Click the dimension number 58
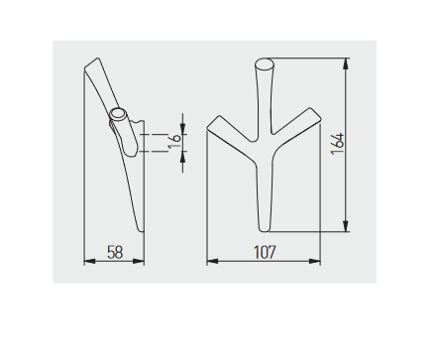click(115, 252)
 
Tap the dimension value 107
click(265, 252)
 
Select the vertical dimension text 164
click(338, 144)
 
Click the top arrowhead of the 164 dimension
click(346, 63)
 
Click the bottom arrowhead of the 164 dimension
click(346, 226)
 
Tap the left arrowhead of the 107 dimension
click(212, 262)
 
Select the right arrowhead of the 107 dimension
click(315, 262)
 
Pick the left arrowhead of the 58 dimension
click(90, 262)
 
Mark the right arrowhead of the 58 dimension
click(139, 262)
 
